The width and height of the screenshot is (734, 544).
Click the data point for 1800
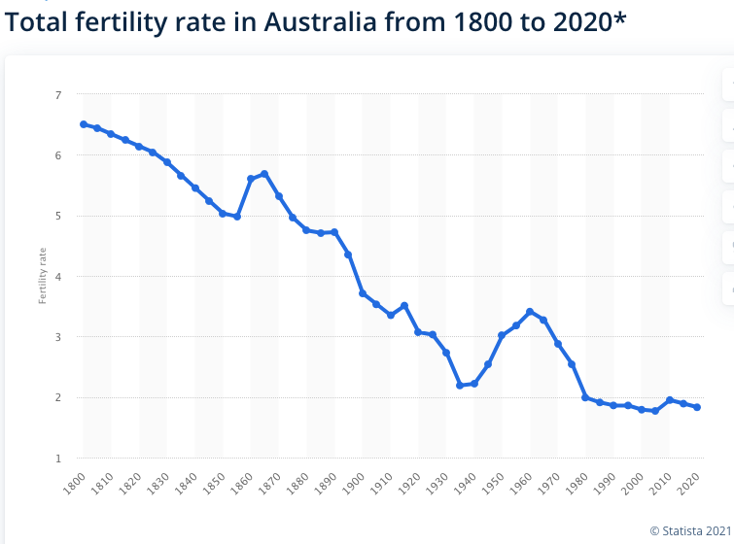(84, 124)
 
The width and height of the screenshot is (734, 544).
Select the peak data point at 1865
(264, 174)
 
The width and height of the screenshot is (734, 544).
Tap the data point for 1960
(530, 312)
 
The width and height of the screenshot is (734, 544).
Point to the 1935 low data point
(460, 386)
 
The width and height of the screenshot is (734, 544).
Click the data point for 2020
(697, 407)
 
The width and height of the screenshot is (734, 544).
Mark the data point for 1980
(585, 397)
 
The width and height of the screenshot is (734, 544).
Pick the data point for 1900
(363, 293)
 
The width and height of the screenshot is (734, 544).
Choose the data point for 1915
(404, 306)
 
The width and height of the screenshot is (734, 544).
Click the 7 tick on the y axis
(58, 95)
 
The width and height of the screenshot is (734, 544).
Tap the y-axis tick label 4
(58, 277)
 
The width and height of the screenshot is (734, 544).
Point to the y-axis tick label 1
(58, 459)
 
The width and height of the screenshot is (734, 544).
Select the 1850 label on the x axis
(215, 484)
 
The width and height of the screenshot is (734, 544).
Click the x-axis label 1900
(354, 484)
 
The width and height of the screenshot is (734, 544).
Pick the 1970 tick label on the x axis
(549, 484)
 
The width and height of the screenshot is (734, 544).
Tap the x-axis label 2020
(688, 484)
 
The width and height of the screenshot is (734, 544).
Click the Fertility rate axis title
(43, 276)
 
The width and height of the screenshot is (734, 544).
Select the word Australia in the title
(320, 22)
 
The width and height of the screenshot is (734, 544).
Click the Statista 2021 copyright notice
(691, 531)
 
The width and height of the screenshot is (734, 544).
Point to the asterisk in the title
(620, 18)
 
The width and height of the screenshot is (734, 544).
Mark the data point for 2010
(670, 400)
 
